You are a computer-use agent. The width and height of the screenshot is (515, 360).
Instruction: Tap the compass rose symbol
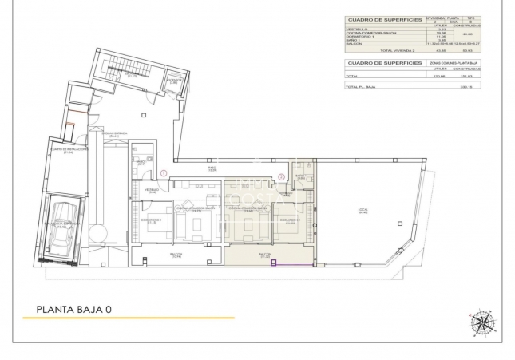click(x=482, y=322)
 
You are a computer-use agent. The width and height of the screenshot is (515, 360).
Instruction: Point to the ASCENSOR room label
click(x=173, y=81)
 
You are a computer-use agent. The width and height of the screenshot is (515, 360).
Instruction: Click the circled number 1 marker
click(x=164, y=172)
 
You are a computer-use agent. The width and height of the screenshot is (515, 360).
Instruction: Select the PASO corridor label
click(x=212, y=169)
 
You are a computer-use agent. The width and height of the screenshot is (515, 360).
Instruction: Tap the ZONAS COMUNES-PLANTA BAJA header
click(x=453, y=62)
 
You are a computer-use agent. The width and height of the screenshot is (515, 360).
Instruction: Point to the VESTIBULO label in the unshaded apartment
click(x=151, y=189)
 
